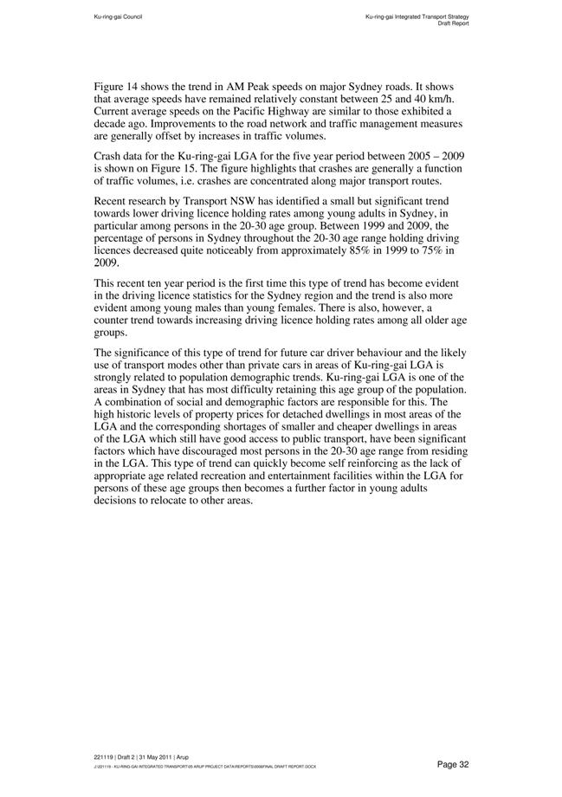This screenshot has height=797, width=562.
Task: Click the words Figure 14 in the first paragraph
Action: point(116,87)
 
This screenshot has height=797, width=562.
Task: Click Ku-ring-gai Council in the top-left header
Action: point(118,16)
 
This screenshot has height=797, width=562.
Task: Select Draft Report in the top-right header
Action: point(451,23)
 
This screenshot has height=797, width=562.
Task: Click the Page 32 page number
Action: point(452,763)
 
